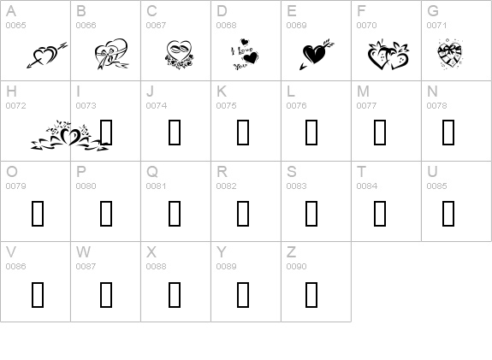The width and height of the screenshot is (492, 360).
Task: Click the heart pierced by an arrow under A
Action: [47, 55]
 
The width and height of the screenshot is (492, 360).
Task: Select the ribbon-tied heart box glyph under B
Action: [111, 54]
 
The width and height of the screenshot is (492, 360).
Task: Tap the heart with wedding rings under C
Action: [179, 54]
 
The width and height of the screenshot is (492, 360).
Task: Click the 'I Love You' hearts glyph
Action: [245, 55]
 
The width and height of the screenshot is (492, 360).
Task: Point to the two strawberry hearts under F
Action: [388, 55]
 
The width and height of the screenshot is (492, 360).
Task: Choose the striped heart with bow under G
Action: [449, 54]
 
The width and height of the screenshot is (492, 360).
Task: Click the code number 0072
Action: [15, 106]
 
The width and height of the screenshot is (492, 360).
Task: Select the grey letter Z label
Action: [291, 251]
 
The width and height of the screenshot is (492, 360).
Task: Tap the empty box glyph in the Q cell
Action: [175, 214]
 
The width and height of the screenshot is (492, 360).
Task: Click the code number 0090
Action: [296, 266]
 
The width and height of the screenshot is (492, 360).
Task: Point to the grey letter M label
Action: [363, 91]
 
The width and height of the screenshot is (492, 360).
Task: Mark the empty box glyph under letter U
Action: [448, 214]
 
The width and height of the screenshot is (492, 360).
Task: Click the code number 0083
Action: [296, 186]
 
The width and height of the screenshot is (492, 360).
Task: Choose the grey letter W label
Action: [83, 251]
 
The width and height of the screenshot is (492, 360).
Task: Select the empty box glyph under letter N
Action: [448, 133]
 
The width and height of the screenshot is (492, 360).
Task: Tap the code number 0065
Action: [15, 25]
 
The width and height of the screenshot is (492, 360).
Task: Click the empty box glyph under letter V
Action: [38, 294]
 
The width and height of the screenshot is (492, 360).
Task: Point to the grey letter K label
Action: [222, 91]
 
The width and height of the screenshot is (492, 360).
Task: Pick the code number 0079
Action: [15, 186]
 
